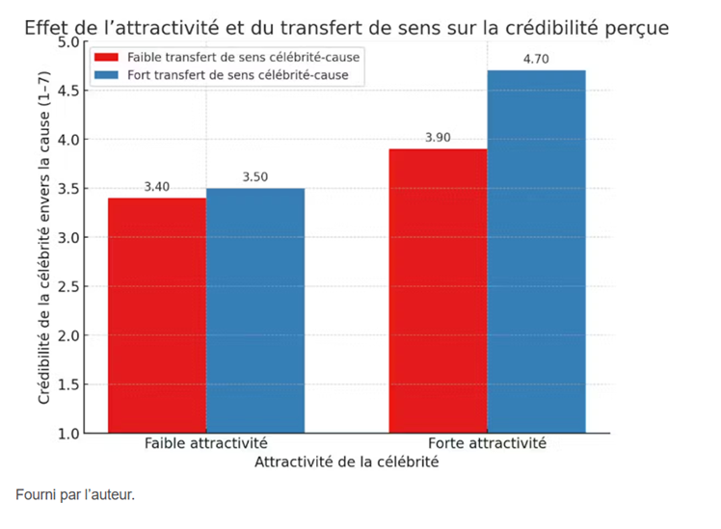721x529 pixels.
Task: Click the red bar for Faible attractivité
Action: pos(156,315)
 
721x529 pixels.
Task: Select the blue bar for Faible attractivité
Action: pos(254,310)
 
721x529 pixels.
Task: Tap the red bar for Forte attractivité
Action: pos(438,290)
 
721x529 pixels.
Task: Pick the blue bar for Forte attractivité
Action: pos(536,251)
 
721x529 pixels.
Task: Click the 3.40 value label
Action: pos(157,187)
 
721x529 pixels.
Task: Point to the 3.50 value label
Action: pos(254,177)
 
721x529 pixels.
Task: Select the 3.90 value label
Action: pos(438,138)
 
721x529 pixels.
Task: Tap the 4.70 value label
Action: pos(536,60)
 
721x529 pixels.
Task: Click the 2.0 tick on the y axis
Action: pos(69,335)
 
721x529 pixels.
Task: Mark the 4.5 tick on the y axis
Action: pos(69,91)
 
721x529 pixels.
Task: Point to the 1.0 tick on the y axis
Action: pos(69,434)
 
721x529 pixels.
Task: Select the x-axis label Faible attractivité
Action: pos(205,444)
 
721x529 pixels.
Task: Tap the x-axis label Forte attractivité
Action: pos(487,444)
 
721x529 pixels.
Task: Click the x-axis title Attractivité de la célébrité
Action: pos(347,463)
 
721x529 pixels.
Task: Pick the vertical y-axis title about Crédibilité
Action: pos(43,238)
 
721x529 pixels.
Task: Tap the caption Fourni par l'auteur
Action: pos(75,495)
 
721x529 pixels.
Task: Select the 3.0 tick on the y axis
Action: pos(69,237)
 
